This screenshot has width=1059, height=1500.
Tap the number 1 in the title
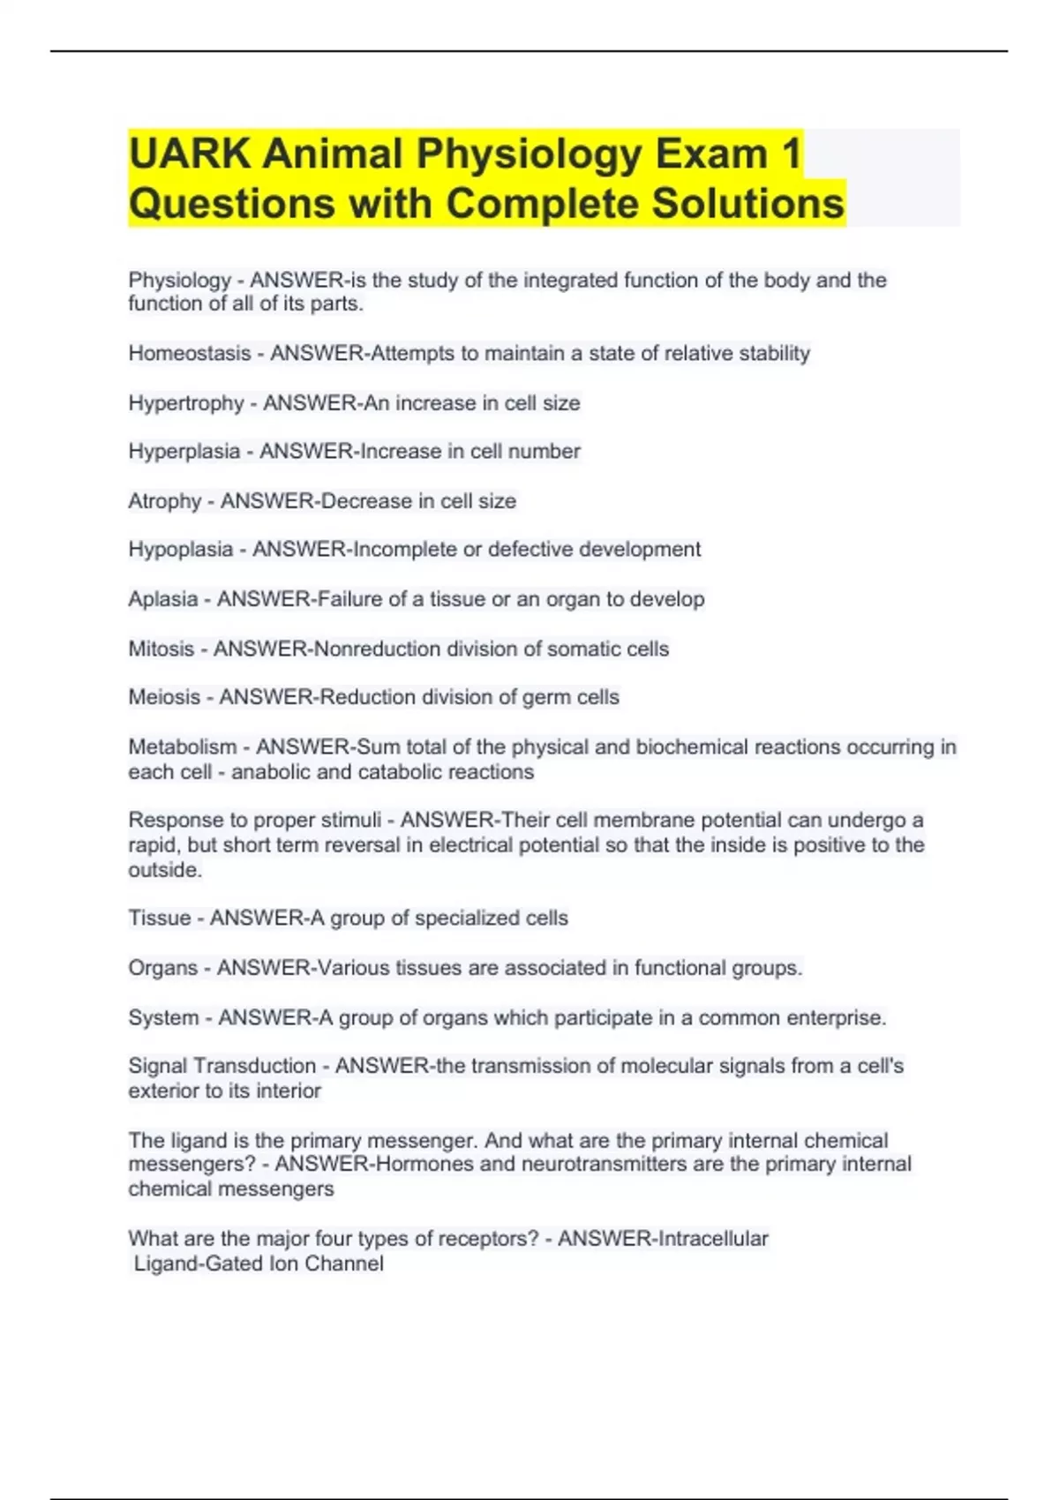click(791, 154)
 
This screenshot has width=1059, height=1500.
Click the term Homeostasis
click(190, 354)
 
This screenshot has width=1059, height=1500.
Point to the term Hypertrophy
click(186, 403)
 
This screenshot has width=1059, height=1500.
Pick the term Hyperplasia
click(184, 452)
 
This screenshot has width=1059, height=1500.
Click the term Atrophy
click(165, 501)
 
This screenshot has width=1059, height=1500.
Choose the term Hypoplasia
click(181, 550)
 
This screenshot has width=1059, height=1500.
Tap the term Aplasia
click(163, 599)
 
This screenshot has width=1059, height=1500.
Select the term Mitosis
click(161, 649)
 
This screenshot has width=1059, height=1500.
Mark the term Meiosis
click(165, 697)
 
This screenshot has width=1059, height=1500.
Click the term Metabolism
click(183, 747)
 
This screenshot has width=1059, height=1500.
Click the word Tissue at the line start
click(160, 919)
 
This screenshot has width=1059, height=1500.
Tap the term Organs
click(163, 968)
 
